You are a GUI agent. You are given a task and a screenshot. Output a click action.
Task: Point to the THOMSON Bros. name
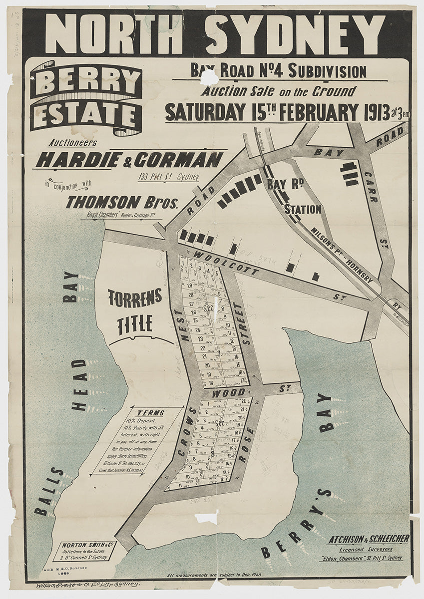(122, 202)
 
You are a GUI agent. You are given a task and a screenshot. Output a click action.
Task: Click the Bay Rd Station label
(295, 196)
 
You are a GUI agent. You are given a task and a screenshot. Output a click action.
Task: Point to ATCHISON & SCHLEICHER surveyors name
(369, 539)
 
